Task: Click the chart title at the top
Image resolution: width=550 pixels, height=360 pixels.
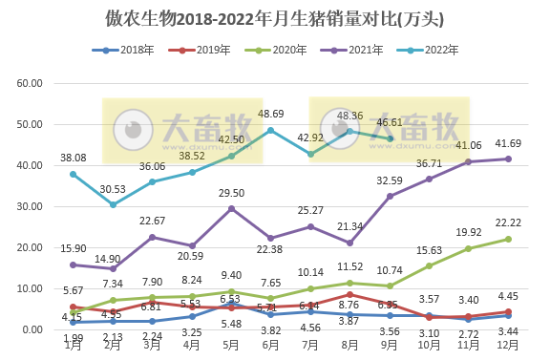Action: click(x=275, y=18)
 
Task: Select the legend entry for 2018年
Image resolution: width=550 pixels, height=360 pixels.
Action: click(x=122, y=50)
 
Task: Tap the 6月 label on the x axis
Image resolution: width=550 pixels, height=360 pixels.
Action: click(x=271, y=345)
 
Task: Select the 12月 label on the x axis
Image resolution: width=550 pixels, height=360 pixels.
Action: click(x=508, y=345)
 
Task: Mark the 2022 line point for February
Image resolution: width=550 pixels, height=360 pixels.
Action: click(x=114, y=204)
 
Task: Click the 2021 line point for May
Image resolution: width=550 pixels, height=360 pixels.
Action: click(x=232, y=208)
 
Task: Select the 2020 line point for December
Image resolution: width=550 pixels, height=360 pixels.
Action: click(x=508, y=239)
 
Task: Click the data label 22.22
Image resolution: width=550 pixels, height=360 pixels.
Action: click(x=508, y=222)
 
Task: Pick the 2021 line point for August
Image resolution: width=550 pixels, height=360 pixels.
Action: click(x=350, y=243)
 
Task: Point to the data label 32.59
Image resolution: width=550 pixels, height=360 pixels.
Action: click(x=390, y=180)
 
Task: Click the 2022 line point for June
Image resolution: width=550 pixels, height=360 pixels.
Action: click(x=271, y=130)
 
